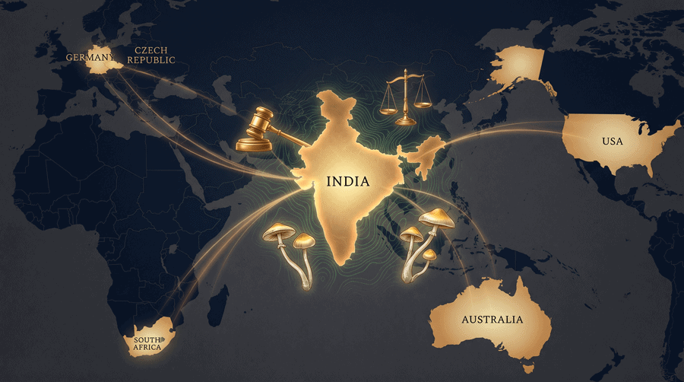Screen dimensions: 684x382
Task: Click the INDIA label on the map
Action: tap(348, 183)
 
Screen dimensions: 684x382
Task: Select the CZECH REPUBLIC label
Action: tap(154, 55)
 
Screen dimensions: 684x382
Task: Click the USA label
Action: tap(612, 142)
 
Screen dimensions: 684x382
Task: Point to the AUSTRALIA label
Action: tap(492, 319)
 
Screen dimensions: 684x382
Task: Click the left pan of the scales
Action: tap(389, 107)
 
